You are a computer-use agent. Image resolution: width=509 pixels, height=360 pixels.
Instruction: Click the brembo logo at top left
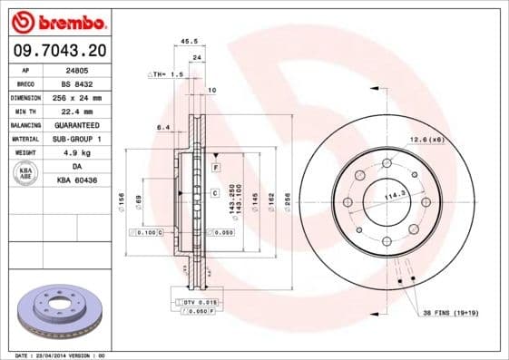(x=57, y=21)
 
